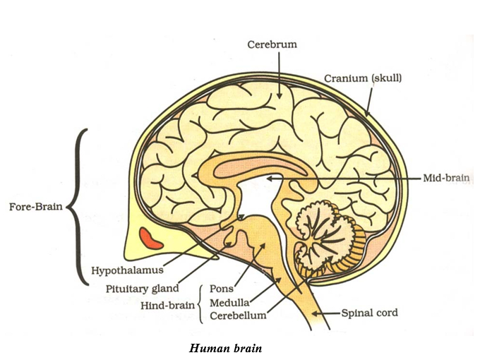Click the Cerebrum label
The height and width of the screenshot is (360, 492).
[272, 44]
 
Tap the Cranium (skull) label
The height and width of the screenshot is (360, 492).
[363, 78]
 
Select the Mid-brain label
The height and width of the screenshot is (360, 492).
[446, 179]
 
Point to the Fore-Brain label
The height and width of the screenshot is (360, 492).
[35, 208]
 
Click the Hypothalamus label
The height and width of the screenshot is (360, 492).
[128, 270]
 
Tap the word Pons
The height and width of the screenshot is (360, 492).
[222, 289]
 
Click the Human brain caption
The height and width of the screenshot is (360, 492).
[226, 348]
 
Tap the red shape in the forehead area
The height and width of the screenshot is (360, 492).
[152, 237]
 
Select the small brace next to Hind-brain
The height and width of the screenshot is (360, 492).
[203, 303]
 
